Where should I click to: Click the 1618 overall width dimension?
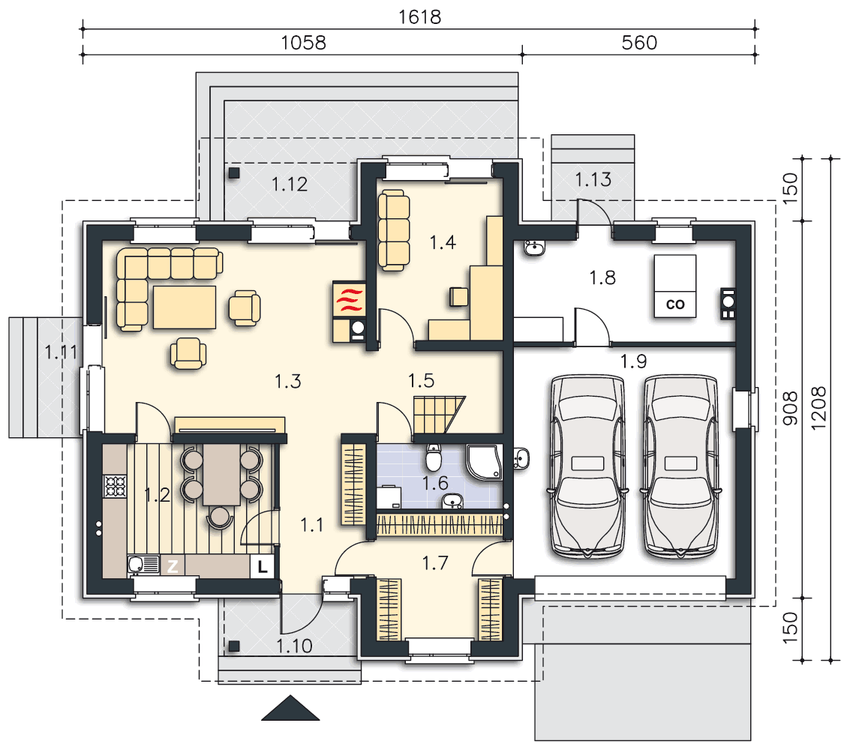coord(419,17)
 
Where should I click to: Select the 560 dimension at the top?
coord(638,43)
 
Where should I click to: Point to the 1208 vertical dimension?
coord(818,409)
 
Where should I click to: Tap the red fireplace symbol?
coord(350,299)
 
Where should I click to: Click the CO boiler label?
coord(675,304)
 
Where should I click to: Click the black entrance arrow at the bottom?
coord(290,708)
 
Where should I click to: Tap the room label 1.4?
coord(443,242)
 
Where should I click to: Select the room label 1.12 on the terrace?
coord(290,184)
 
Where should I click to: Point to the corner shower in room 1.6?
coord(485,461)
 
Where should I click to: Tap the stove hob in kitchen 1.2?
coord(115,487)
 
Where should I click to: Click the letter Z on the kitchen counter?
coord(173,566)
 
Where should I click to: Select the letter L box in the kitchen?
coord(263,566)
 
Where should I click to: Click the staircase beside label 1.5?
coord(438,415)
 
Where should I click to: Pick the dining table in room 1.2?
coord(221,475)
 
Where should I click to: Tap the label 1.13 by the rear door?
coord(593,179)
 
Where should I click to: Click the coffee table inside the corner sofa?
coord(185,307)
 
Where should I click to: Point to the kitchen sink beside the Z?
coord(143,565)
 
